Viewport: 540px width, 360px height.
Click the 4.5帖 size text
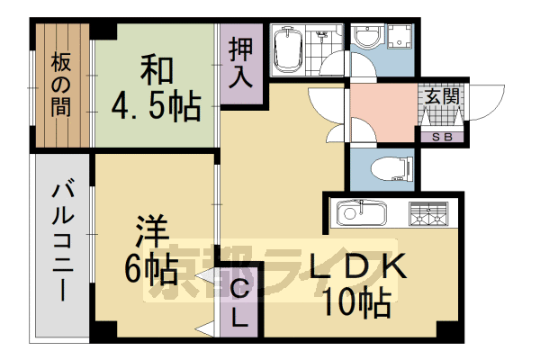coord(156,105)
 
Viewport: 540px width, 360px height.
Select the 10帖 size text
coord(358,301)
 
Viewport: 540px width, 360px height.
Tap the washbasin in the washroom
coord(367,38)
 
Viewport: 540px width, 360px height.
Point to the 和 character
coord(154,69)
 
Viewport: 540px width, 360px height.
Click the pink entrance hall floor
coord(382,110)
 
